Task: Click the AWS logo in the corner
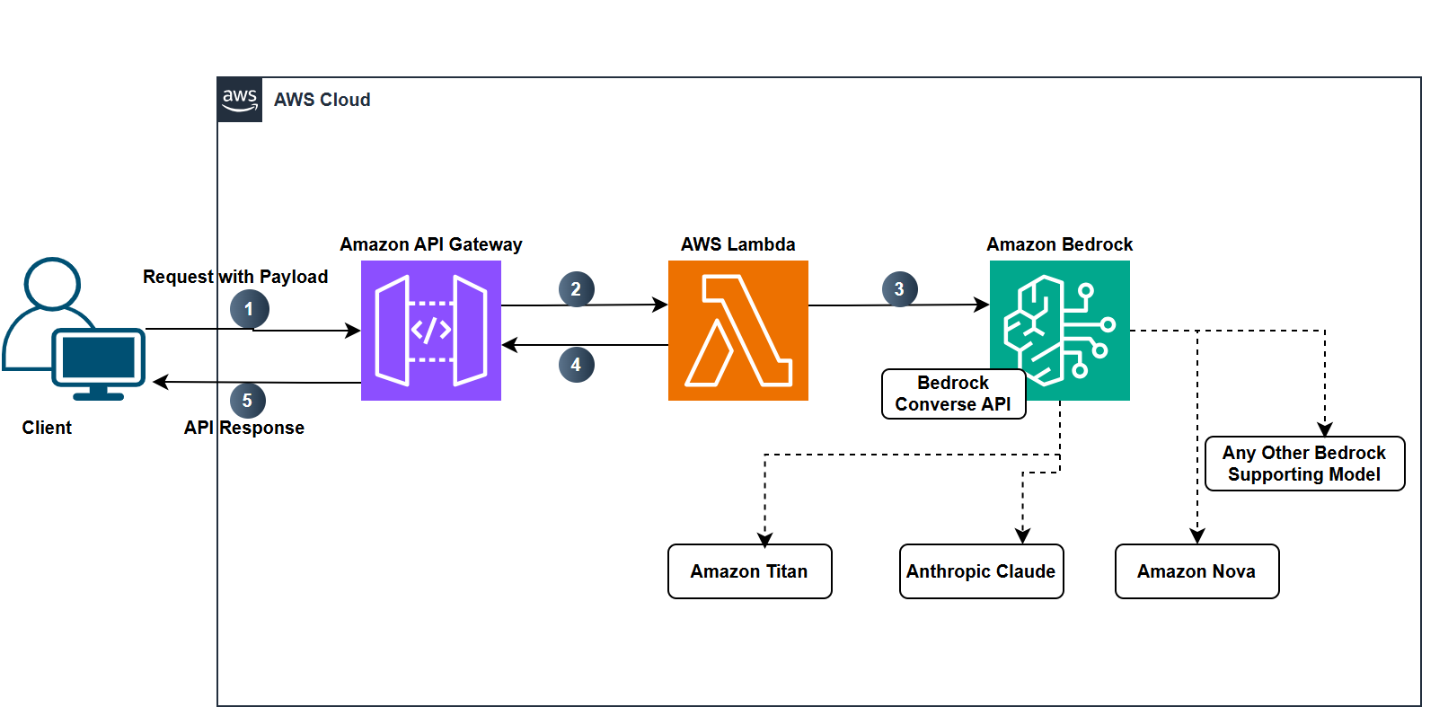(240, 100)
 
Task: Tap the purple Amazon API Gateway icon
(431, 331)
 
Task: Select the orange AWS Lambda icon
(737, 331)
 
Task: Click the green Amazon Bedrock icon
(1060, 330)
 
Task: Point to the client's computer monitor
(99, 358)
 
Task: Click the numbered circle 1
(249, 309)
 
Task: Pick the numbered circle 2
(576, 289)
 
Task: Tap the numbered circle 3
(899, 289)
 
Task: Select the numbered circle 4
(576, 365)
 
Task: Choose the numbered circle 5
(247, 401)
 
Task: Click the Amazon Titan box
(750, 571)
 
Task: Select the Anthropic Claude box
(981, 571)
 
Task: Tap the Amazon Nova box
(1196, 571)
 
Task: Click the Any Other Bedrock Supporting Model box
(1304, 464)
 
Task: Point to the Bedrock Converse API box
(953, 393)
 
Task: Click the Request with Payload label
(235, 277)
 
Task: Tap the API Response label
(244, 428)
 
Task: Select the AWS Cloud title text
(322, 100)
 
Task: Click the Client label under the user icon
(47, 428)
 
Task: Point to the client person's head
(53, 284)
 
